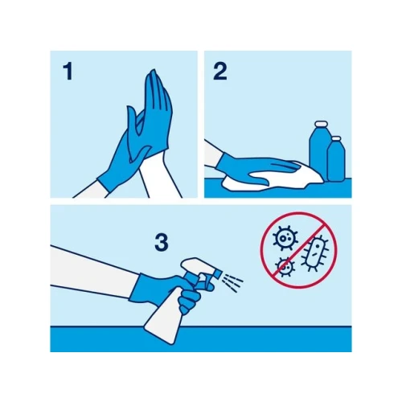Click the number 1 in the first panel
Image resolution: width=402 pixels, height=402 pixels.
[x=68, y=72]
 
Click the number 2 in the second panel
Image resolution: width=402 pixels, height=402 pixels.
[x=220, y=72]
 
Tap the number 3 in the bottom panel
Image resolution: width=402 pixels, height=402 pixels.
[x=162, y=243]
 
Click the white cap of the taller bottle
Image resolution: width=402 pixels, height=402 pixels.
[x=322, y=125]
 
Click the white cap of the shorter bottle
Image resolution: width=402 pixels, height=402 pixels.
[x=336, y=138]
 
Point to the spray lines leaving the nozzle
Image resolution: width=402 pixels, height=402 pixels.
[x=232, y=283]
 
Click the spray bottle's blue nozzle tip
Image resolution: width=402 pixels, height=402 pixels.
[x=218, y=273]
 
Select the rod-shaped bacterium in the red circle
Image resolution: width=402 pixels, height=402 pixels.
[x=315, y=252]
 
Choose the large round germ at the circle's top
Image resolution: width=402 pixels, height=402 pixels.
[x=285, y=237]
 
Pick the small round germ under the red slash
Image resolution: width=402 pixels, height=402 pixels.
[x=285, y=267]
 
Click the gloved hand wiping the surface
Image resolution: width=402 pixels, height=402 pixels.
[x=255, y=166]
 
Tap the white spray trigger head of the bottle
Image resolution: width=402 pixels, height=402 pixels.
[x=197, y=265]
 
